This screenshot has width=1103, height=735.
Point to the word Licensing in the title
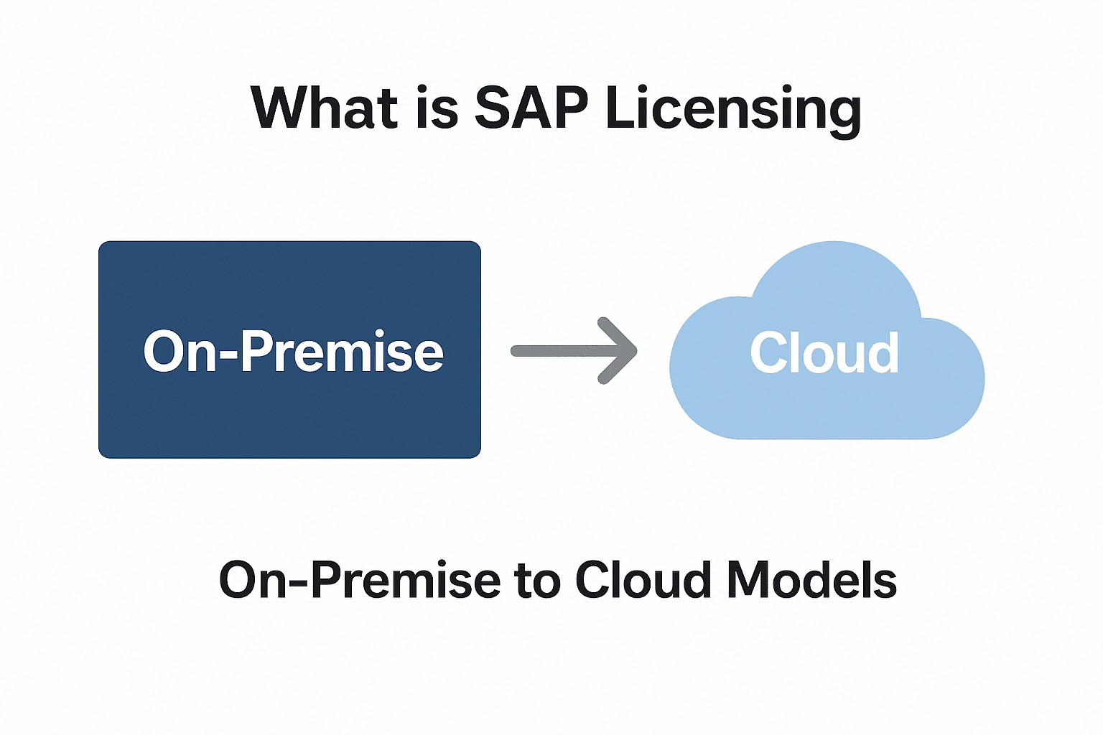(732, 109)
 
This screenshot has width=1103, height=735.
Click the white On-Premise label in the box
(293, 352)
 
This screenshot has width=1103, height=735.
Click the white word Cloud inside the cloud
(824, 353)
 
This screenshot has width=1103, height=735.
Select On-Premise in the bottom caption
(359, 580)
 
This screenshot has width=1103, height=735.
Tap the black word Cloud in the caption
(643, 580)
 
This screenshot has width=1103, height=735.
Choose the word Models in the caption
(811, 580)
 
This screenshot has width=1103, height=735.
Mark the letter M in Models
(747, 580)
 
